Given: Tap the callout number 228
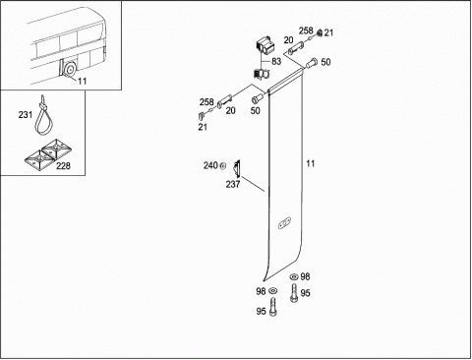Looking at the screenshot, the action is [63, 166].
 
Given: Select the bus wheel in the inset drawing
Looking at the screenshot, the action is [70, 69].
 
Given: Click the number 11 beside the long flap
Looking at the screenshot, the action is [311, 163].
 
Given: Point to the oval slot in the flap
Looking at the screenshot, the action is [284, 223].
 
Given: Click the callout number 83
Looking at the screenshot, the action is [276, 61].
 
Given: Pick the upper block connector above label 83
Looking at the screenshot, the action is [265, 45].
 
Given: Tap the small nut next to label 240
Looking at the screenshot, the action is [223, 166].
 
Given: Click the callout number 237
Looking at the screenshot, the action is [233, 184].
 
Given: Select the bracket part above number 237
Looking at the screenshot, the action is [237, 169].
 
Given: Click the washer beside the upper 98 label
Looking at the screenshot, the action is [294, 277].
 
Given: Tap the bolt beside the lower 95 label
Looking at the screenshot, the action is [272, 307].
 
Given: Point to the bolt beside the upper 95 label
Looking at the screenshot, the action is [294, 293].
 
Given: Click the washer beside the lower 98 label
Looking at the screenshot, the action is [272, 290].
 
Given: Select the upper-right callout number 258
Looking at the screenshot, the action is [306, 30].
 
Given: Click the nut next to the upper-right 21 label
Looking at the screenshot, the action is [319, 32].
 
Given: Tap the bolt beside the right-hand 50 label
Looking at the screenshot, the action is [311, 63].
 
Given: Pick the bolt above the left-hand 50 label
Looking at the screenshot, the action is [257, 97].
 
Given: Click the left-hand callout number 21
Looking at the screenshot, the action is [203, 127].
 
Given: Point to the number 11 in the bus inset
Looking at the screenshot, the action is [83, 81].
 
